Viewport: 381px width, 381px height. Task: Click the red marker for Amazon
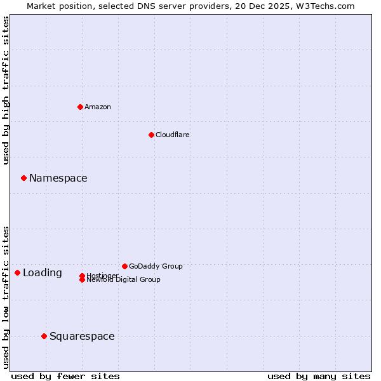80,107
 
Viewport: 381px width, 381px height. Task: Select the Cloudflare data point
151,135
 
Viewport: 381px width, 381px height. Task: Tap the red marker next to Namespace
23,178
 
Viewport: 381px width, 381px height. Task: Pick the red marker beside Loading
17,272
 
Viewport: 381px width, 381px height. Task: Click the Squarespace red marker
44,336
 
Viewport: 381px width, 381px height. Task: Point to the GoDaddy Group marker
124,266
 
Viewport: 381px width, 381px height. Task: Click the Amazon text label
98,107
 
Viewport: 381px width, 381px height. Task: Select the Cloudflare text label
173,135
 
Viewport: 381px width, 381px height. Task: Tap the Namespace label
58,178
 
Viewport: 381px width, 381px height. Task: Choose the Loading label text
43,273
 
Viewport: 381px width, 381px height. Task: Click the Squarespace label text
82,337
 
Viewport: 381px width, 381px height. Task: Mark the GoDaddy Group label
156,266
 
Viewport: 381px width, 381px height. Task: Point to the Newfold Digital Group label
123,280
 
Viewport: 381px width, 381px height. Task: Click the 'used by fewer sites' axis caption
65,376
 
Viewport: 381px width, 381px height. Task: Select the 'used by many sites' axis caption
319,376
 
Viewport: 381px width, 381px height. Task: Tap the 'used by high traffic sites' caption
6,90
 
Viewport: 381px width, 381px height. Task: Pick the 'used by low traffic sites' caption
6,297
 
